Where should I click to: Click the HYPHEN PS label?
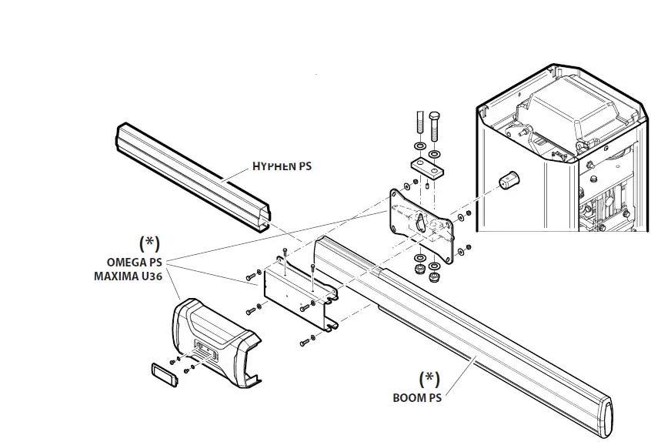(282, 166)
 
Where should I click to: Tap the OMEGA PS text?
(137, 261)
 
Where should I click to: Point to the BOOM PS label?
(416, 398)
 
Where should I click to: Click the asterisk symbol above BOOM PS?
(429, 379)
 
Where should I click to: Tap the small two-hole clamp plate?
(428, 166)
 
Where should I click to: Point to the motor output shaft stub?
(508, 182)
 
